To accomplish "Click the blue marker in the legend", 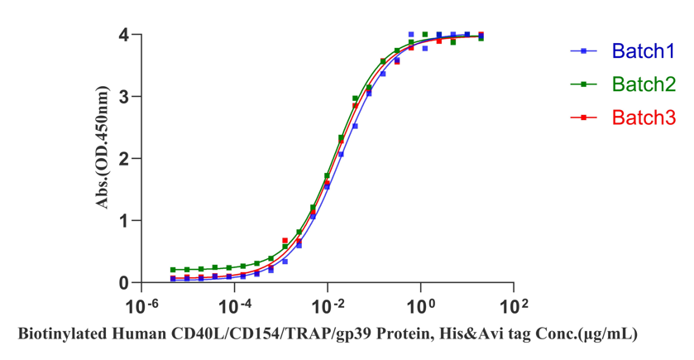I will pyautogui.click(x=584, y=51).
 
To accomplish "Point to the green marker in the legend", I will pyautogui.click(x=584, y=84).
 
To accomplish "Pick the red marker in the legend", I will pyautogui.click(x=584, y=118).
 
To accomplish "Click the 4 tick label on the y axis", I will pyautogui.click(x=122, y=35).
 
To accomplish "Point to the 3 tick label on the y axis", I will pyautogui.click(x=122, y=97).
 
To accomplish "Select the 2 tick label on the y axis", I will pyautogui.click(x=122, y=159).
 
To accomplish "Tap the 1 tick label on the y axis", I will pyautogui.click(x=122, y=221).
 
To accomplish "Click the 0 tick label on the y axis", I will pyautogui.click(x=122, y=283).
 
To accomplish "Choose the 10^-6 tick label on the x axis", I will pyautogui.click(x=140, y=307).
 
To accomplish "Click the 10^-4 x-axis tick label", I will pyautogui.click(x=233, y=307).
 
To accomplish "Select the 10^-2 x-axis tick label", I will pyautogui.click(x=327, y=307).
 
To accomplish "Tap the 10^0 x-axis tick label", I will pyautogui.click(x=420, y=307).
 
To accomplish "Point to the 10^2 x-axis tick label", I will pyautogui.click(x=513, y=307).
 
